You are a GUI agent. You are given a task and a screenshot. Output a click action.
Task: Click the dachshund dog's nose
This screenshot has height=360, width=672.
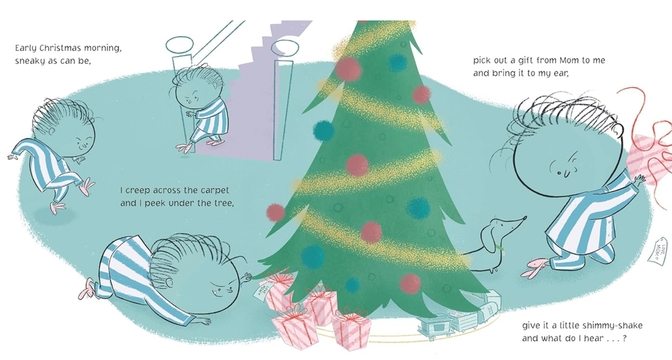(526, 218)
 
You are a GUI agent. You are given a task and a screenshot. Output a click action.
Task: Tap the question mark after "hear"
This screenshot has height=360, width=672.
(623, 339)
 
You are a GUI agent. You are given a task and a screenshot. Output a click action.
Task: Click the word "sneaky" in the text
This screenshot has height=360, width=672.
(30, 61)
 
